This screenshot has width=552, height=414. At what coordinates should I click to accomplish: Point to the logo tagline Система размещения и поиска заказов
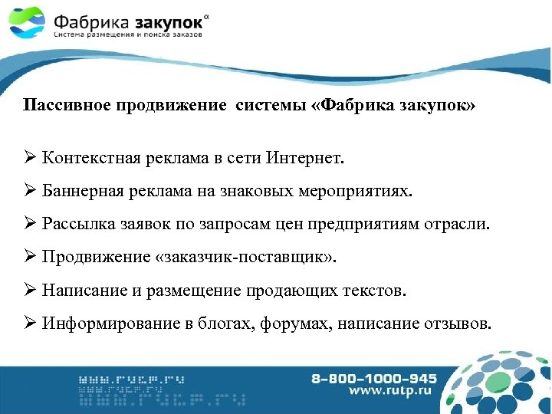pyautogui.click(x=128, y=34)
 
